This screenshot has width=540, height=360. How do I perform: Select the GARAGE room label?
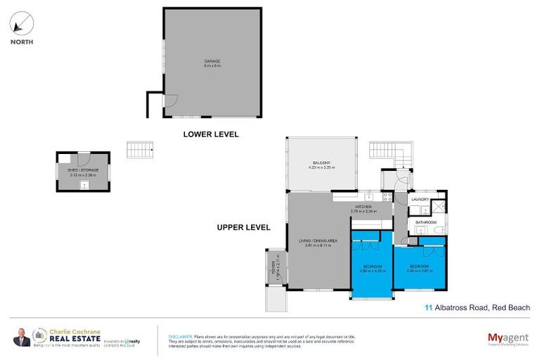pyautogui.click(x=212, y=61)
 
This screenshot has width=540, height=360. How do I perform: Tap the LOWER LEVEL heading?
pyautogui.click(x=211, y=134)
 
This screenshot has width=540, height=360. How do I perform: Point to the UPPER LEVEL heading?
pyautogui.click(x=243, y=227)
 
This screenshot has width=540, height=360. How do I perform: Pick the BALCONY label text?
pyautogui.click(x=321, y=163)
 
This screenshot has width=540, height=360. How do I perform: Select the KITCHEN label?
pyautogui.click(x=364, y=207)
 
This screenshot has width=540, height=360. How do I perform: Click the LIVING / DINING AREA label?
pyautogui.click(x=318, y=241)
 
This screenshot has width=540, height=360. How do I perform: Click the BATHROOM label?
pyautogui.click(x=425, y=222)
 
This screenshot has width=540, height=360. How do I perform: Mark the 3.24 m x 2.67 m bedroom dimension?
pyautogui.click(x=420, y=271)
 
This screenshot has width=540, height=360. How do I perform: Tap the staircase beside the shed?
pyautogui.click(x=139, y=150)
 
